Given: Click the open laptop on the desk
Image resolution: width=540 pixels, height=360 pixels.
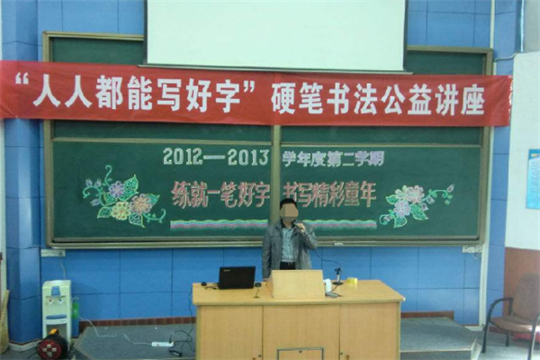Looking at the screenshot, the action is tap(237, 277).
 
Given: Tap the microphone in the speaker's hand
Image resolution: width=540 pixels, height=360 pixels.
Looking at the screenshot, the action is tap(297, 226).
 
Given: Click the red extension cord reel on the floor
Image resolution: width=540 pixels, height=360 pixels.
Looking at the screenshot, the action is tap(53, 346).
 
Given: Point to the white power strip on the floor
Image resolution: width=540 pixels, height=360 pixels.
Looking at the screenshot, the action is tap(162, 344).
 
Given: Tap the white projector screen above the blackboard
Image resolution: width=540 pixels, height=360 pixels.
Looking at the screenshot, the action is tap(276, 34).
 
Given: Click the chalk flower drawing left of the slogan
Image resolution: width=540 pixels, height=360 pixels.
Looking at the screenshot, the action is tap(122, 197).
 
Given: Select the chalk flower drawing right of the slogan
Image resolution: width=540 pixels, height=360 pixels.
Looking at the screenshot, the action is tap(416, 204).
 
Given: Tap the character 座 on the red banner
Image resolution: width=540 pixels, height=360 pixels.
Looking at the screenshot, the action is tap(472, 101).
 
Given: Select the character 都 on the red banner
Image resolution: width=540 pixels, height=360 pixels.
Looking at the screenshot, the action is tap(110, 94).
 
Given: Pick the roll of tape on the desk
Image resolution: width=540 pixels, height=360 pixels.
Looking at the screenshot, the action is tap(351, 282).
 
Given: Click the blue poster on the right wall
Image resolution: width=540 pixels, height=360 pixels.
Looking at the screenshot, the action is tap(533, 179).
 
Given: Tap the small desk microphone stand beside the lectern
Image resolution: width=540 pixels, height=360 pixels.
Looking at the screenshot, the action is tap(337, 275).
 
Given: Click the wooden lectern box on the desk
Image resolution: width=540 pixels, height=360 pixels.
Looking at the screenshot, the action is tap(298, 283).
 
